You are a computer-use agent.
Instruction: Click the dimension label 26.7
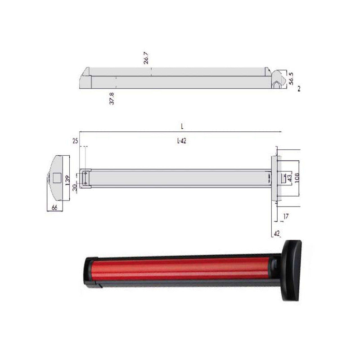(146, 58)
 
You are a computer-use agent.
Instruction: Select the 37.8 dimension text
(112, 99)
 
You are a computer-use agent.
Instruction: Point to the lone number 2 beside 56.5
(298, 90)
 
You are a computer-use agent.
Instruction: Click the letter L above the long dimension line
(182, 127)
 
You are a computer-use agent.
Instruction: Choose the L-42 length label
(181, 141)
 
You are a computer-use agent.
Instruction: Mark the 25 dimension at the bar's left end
(75, 141)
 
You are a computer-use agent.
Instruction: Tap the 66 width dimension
(55, 207)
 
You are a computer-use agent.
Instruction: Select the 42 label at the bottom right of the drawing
(277, 233)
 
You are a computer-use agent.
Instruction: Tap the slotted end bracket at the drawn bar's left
(85, 178)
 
